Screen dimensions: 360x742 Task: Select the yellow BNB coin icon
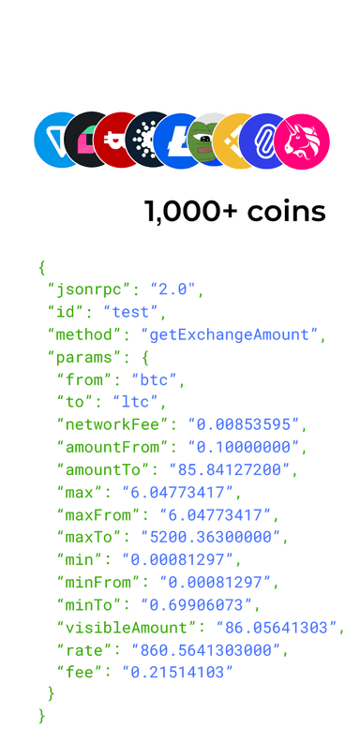point(234,141)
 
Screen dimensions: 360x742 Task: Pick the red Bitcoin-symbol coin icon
point(116,139)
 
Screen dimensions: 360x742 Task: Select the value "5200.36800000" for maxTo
point(212,538)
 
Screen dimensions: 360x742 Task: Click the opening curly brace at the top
point(41,268)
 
